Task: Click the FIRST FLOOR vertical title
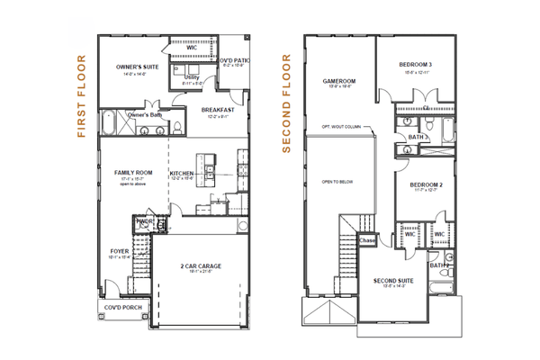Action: [81, 97]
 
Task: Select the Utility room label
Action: [191, 77]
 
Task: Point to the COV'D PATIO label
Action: [234, 60]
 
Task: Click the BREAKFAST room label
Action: [218, 110]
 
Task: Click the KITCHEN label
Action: [183, 173]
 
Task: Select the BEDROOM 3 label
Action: [417, 65]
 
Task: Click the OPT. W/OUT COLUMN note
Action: [341, 127]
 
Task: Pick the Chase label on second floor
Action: [367, 240]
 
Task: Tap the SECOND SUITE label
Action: [393, 281]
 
